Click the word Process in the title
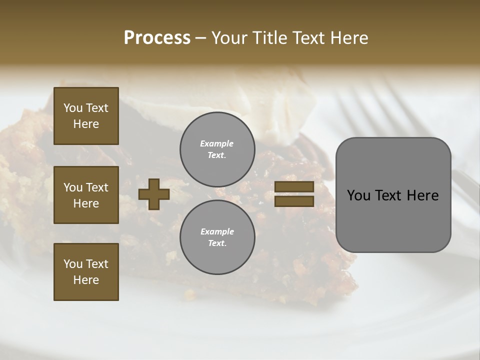coord(157,38)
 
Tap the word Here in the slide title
coord(349,38)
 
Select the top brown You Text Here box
coord(86,116)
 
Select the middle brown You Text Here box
coord(86,195)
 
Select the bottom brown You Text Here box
coord(86,272)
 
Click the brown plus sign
coord(154,194)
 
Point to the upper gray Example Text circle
coord(217,149)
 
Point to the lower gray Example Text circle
coord(217,237)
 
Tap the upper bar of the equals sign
coord(294,186)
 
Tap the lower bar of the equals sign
coord(294,201)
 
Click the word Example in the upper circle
coord(217,144)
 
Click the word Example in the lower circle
coord(217,232)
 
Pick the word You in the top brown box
coord(72,108)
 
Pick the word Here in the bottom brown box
coord(86,280)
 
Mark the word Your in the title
coord(229,38)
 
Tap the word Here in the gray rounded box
coord(422,195)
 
